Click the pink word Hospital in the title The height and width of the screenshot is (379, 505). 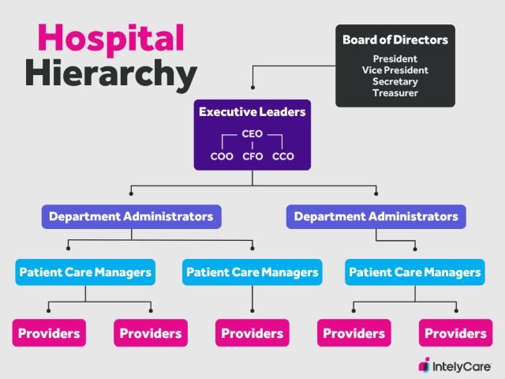click(111, 38)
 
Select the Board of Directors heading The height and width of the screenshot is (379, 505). click(395, 39)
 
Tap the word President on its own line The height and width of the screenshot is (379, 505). click(395, 58)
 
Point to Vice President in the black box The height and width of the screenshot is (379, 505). click(395, 70)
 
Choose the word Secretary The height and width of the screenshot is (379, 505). click(395, 81)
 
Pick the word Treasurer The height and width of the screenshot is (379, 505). click(395, 93)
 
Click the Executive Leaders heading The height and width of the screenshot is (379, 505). click(252, 112)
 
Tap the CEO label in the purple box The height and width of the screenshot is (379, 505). click(252, 134)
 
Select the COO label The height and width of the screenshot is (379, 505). click(222, 156)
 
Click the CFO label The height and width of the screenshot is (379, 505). click(252, 156)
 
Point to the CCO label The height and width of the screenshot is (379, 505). click(282, 156)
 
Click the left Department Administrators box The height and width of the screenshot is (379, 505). click(131, 216)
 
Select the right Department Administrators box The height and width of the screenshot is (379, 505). click(376, 216)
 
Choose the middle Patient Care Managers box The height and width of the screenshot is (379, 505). click(252, 272)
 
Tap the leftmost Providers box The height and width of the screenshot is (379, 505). click(49, 333)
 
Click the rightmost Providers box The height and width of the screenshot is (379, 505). click(455, 333)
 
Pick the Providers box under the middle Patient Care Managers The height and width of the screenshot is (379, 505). click(252, 333)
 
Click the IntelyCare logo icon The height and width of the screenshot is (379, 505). click(424, 365)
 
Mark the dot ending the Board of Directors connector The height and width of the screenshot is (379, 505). click(252, 88)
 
